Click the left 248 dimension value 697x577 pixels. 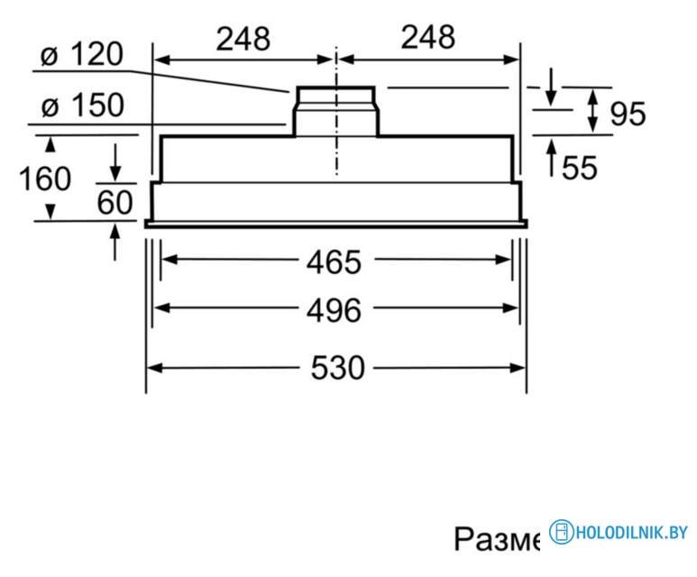click(243, 38)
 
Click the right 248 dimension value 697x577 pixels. click(427, 38)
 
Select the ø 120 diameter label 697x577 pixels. click(82, 56)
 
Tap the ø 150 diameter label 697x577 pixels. click(82, 106)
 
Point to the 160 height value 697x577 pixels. click(45, 179)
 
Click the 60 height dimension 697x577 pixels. click(115, 203)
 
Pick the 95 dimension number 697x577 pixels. click(628, 114)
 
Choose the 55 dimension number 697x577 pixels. click(579, 168)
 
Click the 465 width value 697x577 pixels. click(333, 262)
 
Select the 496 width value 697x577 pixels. click(333, 310)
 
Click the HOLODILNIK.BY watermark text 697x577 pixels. click(631, 533)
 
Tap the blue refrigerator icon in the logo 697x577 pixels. click(563, 533)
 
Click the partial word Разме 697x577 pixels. click(497, 539)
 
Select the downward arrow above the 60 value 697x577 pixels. click(115, 169)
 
